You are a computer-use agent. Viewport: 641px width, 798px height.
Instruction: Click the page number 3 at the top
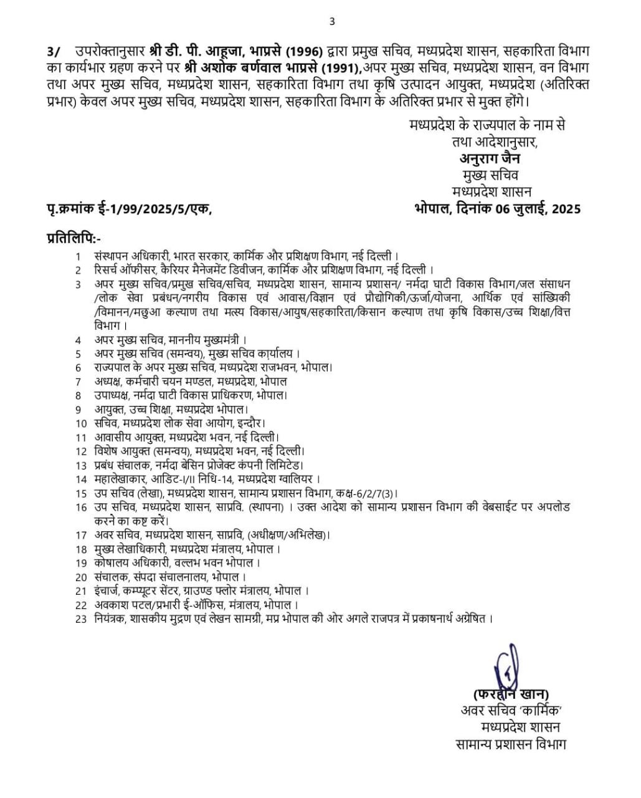331,22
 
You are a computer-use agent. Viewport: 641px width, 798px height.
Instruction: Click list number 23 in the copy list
80,618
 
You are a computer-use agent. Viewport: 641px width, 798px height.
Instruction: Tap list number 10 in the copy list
80,423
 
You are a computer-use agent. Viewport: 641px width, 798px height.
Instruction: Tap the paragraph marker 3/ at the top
54,51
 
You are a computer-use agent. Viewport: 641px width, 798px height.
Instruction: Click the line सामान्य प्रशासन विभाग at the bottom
510,743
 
